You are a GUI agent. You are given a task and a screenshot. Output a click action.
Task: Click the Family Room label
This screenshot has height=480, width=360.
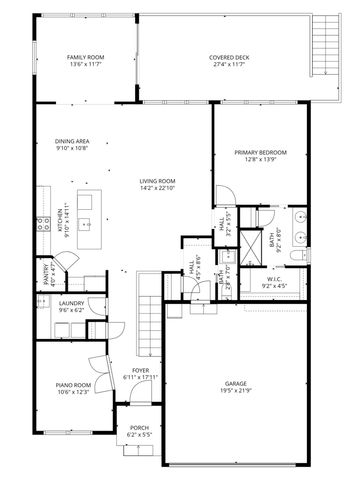click(85, 58)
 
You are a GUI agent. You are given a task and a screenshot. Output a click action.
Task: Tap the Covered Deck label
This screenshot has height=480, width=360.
click(229, 58)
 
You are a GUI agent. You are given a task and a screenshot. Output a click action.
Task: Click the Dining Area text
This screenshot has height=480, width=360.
click(72, 141)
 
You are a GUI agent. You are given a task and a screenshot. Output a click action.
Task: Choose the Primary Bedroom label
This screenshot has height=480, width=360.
click(260, 152)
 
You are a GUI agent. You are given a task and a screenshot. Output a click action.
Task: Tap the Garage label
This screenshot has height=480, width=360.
click(236, 383)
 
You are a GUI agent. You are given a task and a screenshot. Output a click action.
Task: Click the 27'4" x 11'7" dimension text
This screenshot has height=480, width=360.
click(229, 65)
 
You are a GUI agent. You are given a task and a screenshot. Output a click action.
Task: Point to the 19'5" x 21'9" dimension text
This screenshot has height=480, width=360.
click(236, 390)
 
